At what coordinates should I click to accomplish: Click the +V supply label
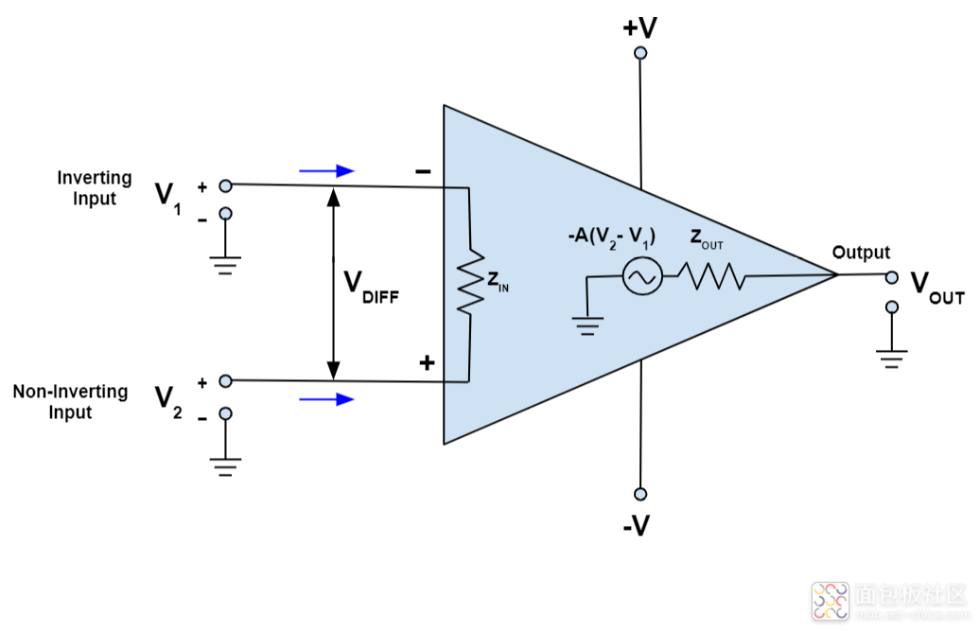coord(639,27)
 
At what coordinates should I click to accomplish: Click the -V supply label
coord(637,525)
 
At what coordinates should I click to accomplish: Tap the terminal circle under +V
coord(640,54)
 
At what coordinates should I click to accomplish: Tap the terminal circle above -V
coord(640,494)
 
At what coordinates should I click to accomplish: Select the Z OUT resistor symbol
coord(709,276)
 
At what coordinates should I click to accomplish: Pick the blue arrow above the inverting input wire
coord(326,171)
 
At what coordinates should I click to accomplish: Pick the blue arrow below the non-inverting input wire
coord(326,399)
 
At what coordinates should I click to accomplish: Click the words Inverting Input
coord(95,188)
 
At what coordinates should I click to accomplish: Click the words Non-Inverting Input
coord(70,402)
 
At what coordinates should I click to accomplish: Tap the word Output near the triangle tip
coord(861,253)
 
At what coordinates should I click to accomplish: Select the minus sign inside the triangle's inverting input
coord(423,171)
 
